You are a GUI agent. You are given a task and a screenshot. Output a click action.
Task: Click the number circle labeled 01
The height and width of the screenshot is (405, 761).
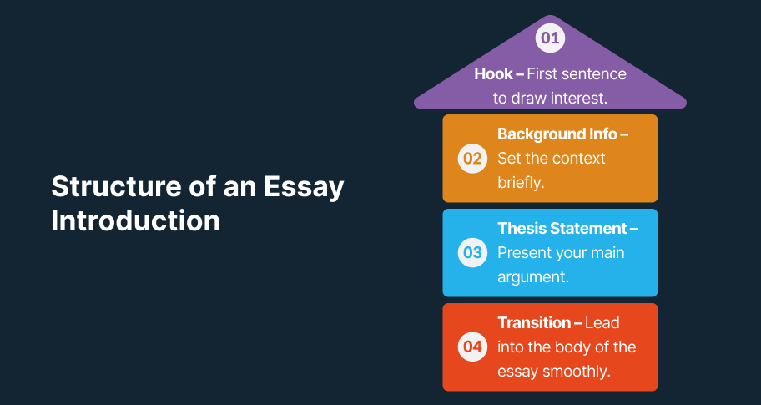coord(550,38)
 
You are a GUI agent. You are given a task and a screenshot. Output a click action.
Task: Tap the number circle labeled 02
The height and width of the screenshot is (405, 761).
coord(472,159)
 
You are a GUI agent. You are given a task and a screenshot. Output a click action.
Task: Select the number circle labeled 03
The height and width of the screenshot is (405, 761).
coord(472,252)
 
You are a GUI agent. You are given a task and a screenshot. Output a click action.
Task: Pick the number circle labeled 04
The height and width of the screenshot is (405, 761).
coord(472,347)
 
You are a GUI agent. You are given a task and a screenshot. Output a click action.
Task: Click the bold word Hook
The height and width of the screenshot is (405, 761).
coord(494,73)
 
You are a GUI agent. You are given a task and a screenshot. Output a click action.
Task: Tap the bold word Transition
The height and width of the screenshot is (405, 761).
coord(534,322)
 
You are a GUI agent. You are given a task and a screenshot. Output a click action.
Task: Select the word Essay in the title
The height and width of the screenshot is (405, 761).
coord(304,187)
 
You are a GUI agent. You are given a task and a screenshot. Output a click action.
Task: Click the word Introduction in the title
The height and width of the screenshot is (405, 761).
coord(135,220)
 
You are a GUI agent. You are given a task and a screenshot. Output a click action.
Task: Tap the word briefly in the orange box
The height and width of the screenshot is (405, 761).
coord(519,183)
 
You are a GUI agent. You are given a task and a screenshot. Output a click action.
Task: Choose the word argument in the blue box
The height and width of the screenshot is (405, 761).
coord(533,277)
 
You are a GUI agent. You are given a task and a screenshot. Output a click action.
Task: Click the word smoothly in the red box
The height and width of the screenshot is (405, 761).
coord(576,372)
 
